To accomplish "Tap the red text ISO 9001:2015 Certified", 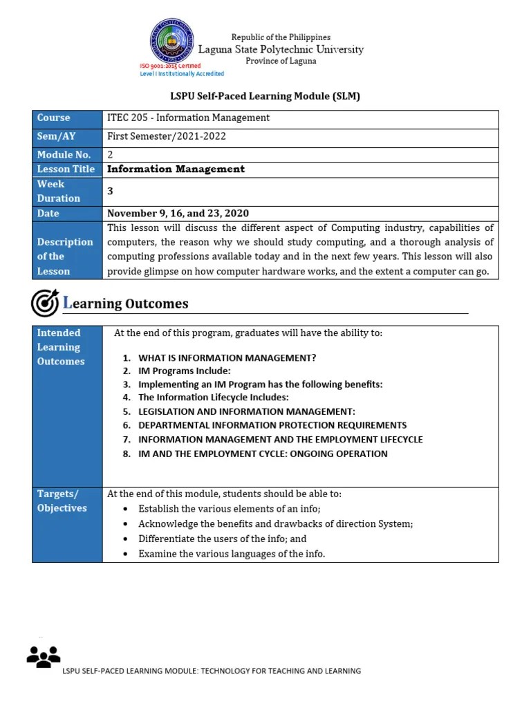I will (x=170, y=66).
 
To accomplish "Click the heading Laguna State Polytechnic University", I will (x=281, y=49).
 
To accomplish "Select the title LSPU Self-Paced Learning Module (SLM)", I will (x=265, y=96).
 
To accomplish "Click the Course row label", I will (x=53, y=118).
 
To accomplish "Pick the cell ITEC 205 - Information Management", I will (x=188, y=118).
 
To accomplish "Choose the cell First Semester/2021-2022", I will (x=167, y=136).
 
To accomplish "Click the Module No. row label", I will (x=64, y=155).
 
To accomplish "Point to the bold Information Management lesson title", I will (x=176, y=169).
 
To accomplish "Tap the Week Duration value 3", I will (x=110, y=191).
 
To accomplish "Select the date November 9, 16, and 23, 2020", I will (x=178, y=213).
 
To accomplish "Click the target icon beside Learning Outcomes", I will (x=45, y=303).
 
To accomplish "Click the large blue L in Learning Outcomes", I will (x=67, y=303).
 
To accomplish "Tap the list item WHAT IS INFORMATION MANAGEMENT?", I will (x=227, y=357).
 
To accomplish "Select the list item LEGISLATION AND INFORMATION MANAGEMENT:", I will (x=246, y=411).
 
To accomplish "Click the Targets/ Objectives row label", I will (x=62, y=501).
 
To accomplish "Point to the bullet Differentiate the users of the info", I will (x=222, y=539).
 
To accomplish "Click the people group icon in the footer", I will (x=43, y=657).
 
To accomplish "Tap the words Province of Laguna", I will (x=281, y=61).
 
